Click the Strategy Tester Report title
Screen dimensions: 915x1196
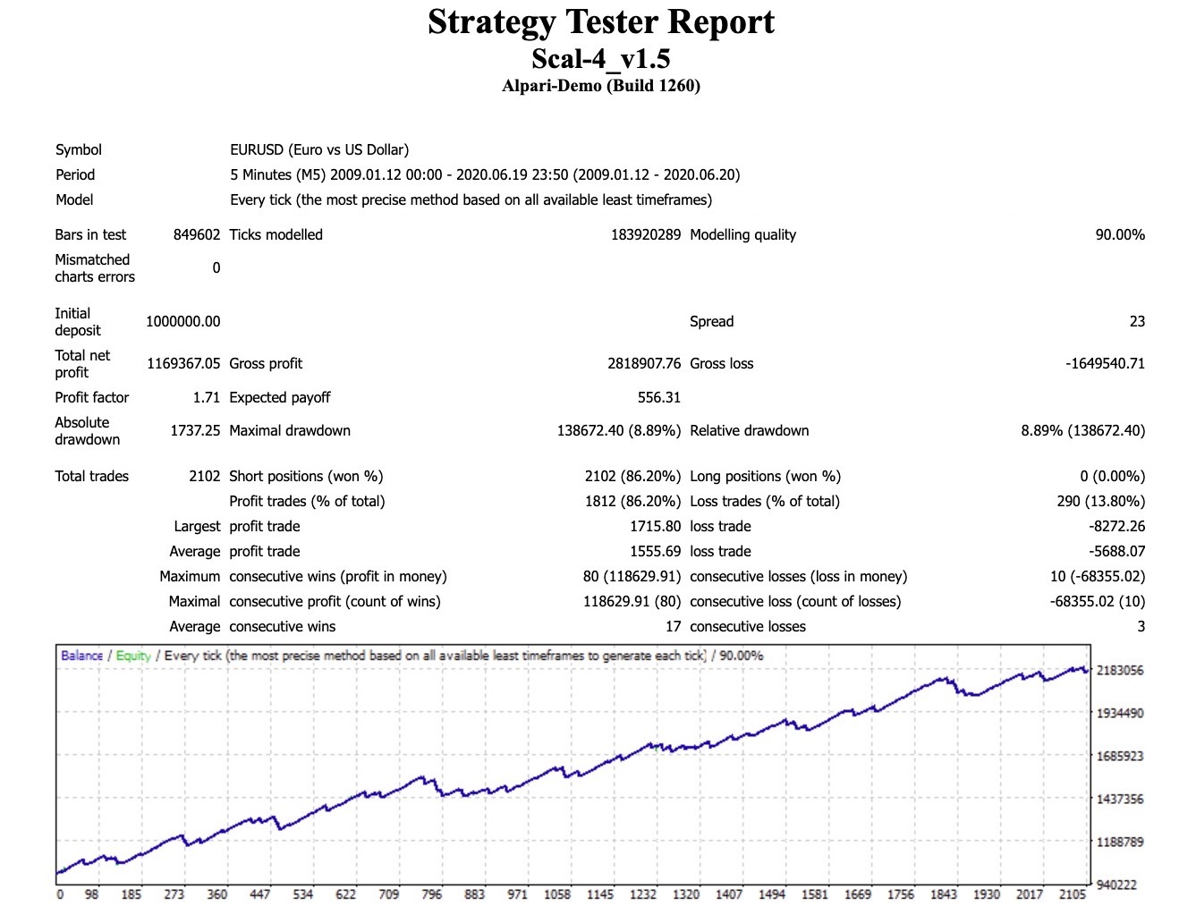pos(600,22)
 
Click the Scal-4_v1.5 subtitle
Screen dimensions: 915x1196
pos(600,59)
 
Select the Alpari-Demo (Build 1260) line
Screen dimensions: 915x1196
pos(600,86)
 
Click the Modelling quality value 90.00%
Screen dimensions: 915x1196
pos(1120,234)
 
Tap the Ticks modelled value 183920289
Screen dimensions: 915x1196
pos(645,234)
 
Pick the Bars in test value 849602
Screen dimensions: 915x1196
pos(196,234)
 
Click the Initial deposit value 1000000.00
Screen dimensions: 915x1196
pos(182,321)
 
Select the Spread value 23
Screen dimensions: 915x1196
pos(1137,321)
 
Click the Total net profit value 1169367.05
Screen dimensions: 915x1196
pos(182,363)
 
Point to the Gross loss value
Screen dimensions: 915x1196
pos(1105,363)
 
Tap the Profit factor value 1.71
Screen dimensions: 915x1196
pos(206,397)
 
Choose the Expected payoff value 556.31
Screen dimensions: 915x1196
pos(658,397)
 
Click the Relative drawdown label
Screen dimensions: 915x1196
pos(749,430)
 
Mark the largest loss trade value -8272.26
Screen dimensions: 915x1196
pos(1117,526)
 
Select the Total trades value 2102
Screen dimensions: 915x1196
pos(204,476)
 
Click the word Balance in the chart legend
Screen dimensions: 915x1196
pos(81,656)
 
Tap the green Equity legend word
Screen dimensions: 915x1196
pos(133,656)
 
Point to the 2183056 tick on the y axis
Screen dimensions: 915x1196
pos(1120,670)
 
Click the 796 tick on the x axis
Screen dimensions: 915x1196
pos(431,894)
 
